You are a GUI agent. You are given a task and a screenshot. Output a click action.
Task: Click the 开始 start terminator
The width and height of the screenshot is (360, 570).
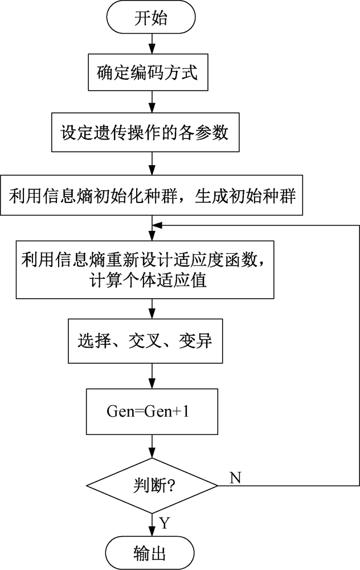[x=151, y=18]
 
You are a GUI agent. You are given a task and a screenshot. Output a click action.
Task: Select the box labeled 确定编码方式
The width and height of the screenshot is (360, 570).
[x=148, y=72]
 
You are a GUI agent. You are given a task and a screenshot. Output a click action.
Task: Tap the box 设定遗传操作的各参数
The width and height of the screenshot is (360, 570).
[x=145, y=132]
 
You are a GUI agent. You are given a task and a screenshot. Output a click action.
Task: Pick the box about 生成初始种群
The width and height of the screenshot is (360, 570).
[x=152, y=195]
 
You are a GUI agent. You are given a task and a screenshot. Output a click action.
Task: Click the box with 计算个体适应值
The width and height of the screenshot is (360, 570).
[x=145, y=270]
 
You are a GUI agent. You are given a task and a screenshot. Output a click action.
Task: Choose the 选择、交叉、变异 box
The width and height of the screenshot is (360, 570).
[x=145, y=341]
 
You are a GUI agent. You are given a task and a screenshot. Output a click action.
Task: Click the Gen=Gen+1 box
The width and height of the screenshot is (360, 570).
[x=152, y=412]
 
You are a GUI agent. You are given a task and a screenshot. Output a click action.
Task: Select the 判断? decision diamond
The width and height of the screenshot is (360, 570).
[x=152, y=485]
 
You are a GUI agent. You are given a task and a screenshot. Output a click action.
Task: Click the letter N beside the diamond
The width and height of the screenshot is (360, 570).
[x=235, y=477]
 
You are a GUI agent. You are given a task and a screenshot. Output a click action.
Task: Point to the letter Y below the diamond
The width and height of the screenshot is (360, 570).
[x=165, y=523]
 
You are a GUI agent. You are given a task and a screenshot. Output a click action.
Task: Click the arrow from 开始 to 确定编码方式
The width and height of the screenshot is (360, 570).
[x=152, y=44]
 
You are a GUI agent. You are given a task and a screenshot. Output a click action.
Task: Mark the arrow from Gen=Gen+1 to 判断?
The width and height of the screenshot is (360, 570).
[x=152, y=446]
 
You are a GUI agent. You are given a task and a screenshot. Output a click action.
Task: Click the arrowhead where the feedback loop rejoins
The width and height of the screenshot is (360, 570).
[x=157, y=225]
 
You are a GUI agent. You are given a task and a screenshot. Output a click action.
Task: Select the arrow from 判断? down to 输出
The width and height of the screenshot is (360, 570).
[x=152, y=526]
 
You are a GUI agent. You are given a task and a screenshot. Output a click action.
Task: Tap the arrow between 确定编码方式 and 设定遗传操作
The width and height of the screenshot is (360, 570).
[x=152, y=101]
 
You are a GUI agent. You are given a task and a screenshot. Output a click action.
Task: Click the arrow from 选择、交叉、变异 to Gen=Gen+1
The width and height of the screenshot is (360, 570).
[x=152, y=376]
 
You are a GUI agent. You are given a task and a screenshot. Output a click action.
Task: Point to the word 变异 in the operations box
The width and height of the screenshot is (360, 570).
[x=195, y=341]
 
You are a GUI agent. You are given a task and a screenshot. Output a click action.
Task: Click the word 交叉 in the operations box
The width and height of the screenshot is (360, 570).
[x=145, y=341]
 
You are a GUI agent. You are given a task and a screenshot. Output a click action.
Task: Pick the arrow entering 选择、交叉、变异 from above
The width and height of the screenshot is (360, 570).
[x=152, y=308]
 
